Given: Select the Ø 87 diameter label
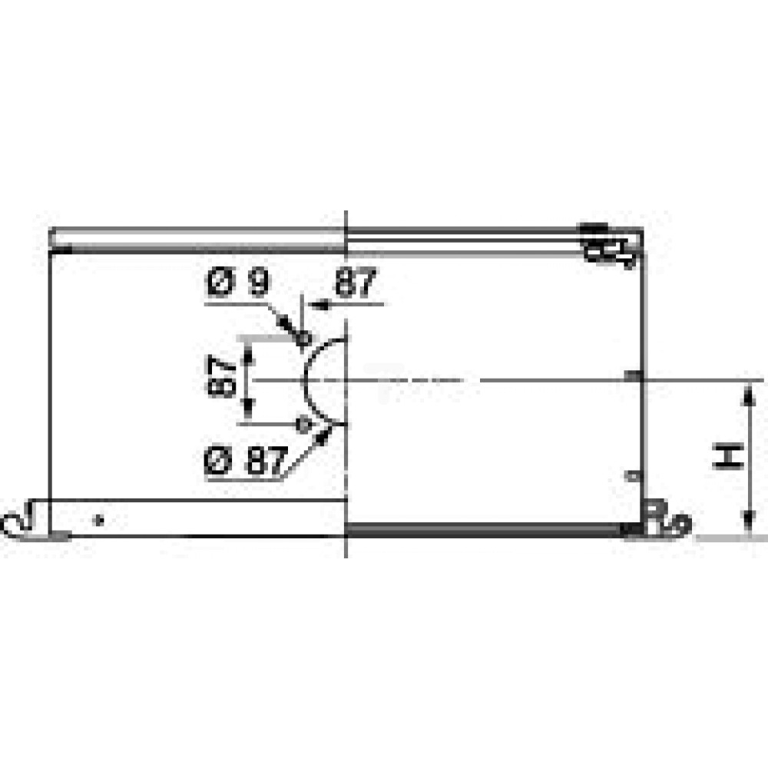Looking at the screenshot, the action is [x=246, y=460].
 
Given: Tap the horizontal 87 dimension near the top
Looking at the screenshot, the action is [x=356, y=282].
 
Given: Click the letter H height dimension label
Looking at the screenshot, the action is [x=728, y=456].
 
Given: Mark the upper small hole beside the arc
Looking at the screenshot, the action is [x=303, y=338].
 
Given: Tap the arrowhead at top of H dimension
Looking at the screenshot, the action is [x=747, y=394].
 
